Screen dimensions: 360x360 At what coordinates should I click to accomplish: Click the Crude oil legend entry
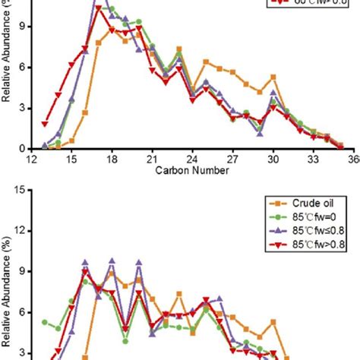coord(297,203)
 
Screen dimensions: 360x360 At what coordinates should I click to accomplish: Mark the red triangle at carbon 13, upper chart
coord(45,123)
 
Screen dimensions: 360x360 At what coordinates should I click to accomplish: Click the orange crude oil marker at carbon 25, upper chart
coord(206,61)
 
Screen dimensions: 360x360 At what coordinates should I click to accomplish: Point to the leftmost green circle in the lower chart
coord(45,323)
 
